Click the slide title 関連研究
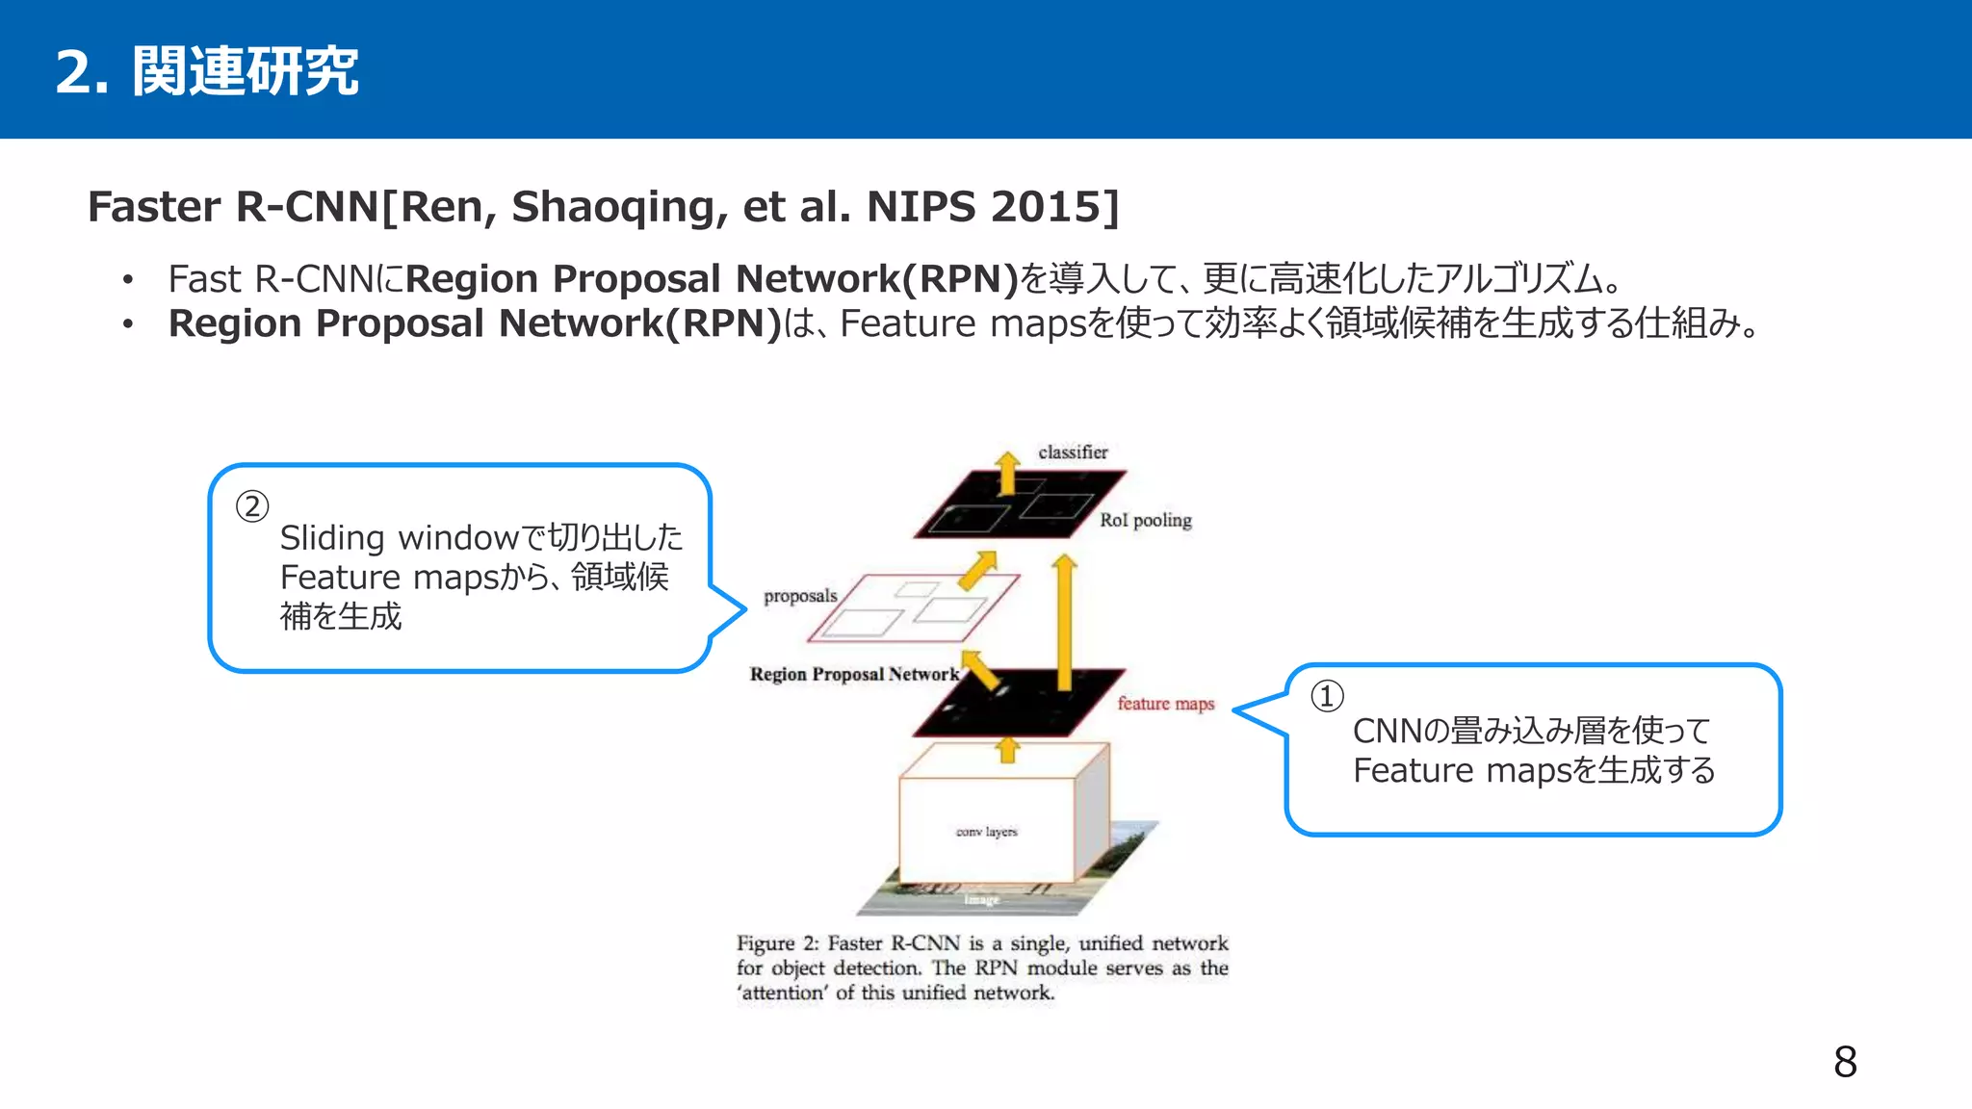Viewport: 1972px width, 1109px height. (245, 71)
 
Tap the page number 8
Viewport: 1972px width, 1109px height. (1845, 1062)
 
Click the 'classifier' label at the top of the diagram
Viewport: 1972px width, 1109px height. (1073, 451)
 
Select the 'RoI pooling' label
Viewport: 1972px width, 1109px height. (1145, 520)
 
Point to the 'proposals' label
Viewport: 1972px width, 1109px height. (800, 596)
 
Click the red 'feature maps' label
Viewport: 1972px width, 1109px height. (1165, 704)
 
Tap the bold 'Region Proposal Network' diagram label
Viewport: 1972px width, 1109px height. (854, 674)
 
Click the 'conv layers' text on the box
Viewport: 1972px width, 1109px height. (986, 832)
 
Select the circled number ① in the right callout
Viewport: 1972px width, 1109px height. (1327, 696)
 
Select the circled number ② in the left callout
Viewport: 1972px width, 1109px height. (252, 506)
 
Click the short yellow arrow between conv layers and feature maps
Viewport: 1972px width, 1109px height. (1007, 749)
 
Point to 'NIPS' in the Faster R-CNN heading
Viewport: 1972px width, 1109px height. (921, 207)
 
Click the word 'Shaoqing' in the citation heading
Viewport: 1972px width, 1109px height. (617, 207)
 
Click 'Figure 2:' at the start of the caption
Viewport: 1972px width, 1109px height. (777, 943)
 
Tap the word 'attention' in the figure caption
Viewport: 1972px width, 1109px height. (783, 993)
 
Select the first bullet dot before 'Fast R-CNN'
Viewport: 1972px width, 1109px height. (127, 280)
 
